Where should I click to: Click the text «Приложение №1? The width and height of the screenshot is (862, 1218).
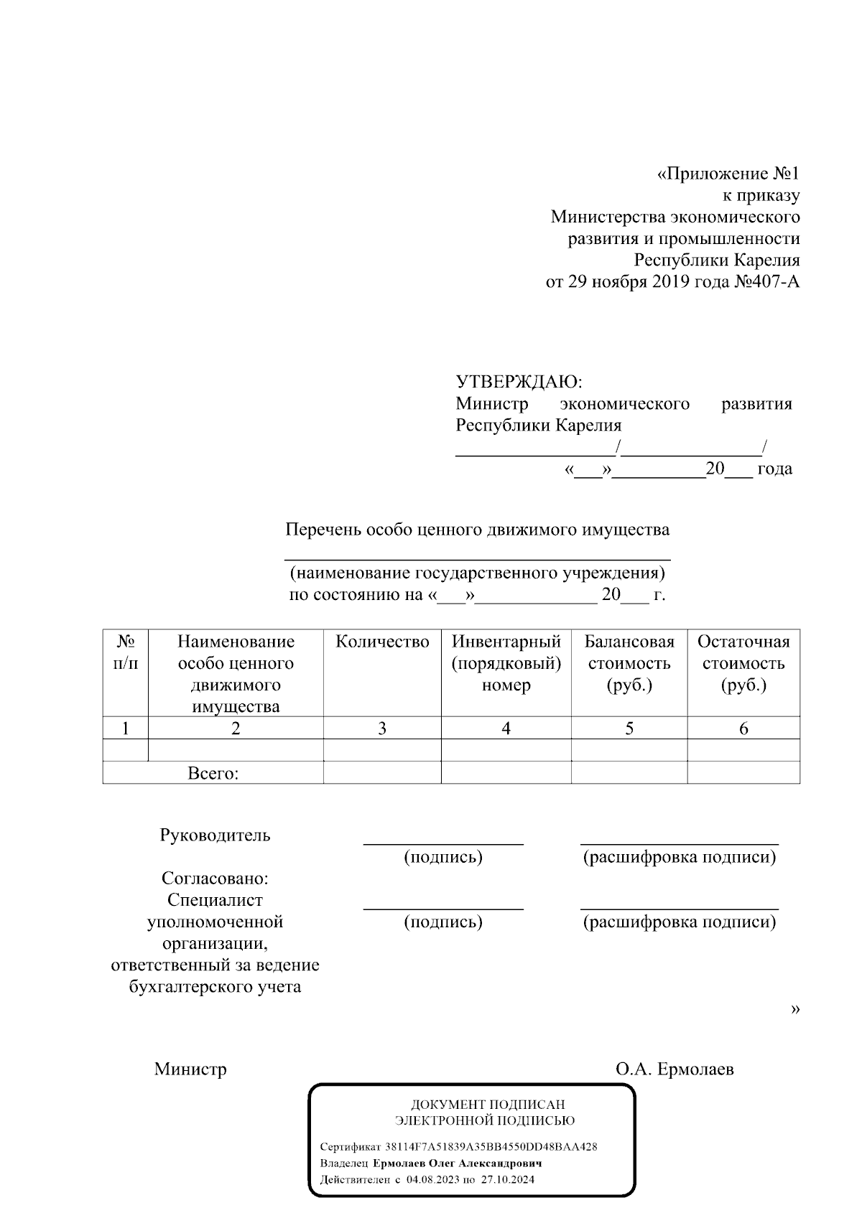point(728,174)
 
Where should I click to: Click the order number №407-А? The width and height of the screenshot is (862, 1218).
point(765,282)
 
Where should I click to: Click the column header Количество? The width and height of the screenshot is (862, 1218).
point(382,642)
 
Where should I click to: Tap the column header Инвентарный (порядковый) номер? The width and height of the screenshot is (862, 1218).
point(506,663)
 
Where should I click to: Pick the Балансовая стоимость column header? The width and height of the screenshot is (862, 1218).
point(629,663)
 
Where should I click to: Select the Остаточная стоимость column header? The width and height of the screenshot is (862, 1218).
point(743,663)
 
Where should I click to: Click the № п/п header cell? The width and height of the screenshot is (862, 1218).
point(126,652)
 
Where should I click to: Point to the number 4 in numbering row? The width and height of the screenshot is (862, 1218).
point(506,729)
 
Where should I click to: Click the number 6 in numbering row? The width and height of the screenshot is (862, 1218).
point(743,729)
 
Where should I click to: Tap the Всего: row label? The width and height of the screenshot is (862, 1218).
point(213,774)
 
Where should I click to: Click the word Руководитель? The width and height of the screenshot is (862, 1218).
point(215,835)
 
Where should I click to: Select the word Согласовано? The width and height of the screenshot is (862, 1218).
point(215,879)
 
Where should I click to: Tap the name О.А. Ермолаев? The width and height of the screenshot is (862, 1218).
point(675,1069)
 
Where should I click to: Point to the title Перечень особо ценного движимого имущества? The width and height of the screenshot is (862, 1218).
point(477,530)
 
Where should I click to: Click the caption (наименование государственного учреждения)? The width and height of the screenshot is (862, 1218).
point(477,573)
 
